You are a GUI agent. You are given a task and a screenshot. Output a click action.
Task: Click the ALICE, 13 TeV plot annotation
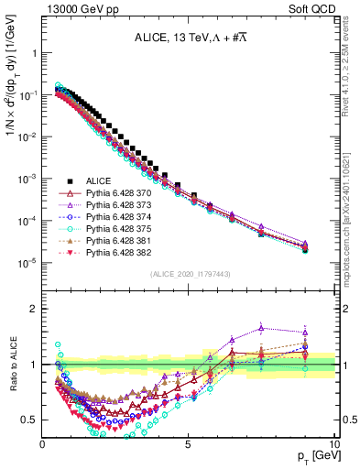coord(191,38)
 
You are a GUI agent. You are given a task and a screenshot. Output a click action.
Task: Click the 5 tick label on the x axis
coord(189,445)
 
